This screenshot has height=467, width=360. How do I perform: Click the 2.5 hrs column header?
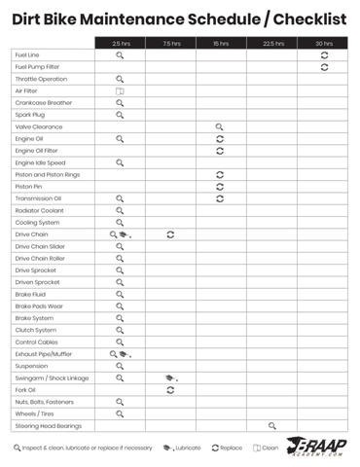[121, 43]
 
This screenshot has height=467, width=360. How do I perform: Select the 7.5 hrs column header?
[171, 43]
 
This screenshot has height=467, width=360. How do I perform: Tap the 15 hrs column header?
[221, 43]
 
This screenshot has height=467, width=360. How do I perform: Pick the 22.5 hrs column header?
[272, 43]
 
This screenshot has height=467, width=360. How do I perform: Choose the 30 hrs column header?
[323, 43]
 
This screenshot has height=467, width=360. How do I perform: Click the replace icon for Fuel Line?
[324, 55]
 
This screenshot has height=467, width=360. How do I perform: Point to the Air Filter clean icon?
[121, 91]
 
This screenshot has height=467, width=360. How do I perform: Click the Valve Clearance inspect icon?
[220, 126]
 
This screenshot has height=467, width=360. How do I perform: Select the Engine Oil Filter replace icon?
[220, 151]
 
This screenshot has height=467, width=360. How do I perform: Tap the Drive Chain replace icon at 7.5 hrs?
[170, 234]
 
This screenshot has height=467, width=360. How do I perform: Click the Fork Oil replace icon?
[170, 389]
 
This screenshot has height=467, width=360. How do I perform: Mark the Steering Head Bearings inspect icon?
[272, 425]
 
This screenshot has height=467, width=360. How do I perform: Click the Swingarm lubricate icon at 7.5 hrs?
[170, 377]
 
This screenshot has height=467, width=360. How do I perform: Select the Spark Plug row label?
[28, 115]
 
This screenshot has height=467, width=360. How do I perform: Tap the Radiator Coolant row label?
[39, 210]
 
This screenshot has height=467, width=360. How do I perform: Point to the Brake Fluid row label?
[30, 294]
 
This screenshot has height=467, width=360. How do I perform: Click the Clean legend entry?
[266, 449]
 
